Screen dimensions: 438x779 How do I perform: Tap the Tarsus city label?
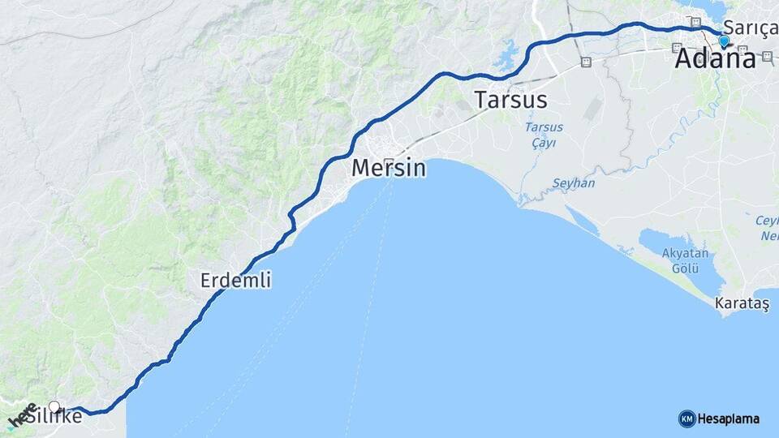pos(511,101)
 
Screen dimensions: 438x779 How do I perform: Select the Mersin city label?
pos(389,169)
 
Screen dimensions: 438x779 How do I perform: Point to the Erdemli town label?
pos(236,281)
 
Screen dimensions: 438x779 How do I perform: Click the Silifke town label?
pos(54,417)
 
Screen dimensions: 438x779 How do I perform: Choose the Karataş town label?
pos(742,303)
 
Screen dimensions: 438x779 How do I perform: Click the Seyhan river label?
pos(574,183)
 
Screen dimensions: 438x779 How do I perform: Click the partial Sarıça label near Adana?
pos(751,26)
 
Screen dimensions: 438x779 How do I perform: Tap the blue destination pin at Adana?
pos(724,41)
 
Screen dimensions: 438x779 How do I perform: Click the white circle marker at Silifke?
pos(54,406)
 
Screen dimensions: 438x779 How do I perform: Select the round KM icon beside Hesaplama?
pos(686,419)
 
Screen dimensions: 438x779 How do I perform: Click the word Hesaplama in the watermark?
pos(728,419)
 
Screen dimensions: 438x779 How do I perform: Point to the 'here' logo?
pos(22,414)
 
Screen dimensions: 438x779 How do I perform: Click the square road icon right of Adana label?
pos(767,56)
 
